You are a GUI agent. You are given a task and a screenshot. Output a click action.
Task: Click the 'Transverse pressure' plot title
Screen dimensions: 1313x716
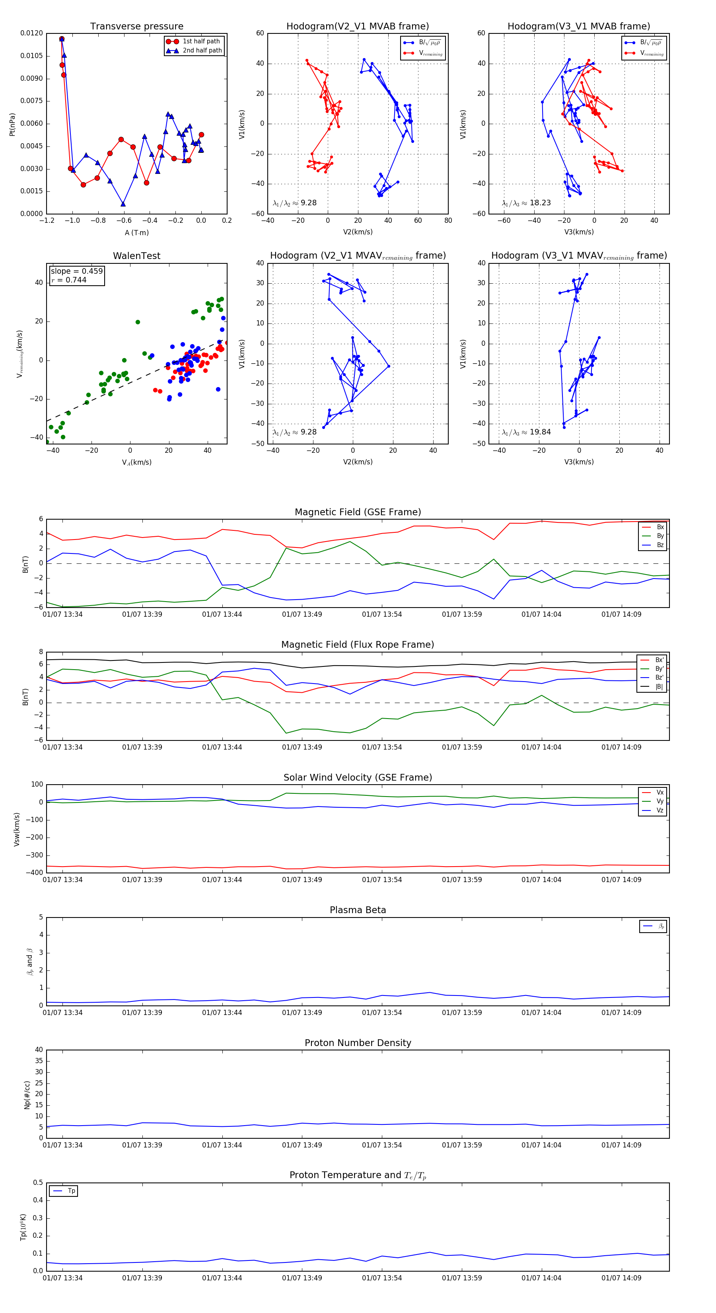(136, 27)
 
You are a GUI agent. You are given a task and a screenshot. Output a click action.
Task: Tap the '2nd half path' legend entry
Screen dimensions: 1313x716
(202, 51)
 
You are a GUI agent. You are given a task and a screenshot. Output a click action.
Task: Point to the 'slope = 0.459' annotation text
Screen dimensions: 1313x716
(76, 271)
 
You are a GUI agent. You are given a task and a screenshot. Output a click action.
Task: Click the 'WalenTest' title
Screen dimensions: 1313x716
(136, 256)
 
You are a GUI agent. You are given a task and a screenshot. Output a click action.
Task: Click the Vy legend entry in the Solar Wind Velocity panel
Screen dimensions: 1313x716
(660, 801)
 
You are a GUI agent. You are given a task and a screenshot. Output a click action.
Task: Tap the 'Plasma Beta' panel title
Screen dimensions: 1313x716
(358, 910)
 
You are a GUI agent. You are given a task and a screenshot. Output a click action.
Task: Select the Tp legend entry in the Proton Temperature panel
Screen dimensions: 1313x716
(71, 1191)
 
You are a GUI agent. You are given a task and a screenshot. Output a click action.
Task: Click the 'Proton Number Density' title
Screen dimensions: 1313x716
(358, 1043)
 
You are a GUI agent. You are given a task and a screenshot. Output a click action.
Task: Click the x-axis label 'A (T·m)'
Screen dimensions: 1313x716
(136, 232)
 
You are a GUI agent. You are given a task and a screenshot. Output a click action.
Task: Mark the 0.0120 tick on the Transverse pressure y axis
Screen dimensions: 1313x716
(31, 33)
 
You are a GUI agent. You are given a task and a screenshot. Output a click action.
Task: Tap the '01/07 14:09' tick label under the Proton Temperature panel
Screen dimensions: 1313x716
(621, 1278)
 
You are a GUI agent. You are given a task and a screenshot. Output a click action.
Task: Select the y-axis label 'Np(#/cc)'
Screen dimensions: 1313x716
(27, 1095)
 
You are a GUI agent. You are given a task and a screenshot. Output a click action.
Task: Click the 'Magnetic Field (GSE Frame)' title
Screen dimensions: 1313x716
(358, 512)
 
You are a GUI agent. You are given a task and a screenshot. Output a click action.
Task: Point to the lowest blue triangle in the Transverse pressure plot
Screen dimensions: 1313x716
(123, 204)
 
